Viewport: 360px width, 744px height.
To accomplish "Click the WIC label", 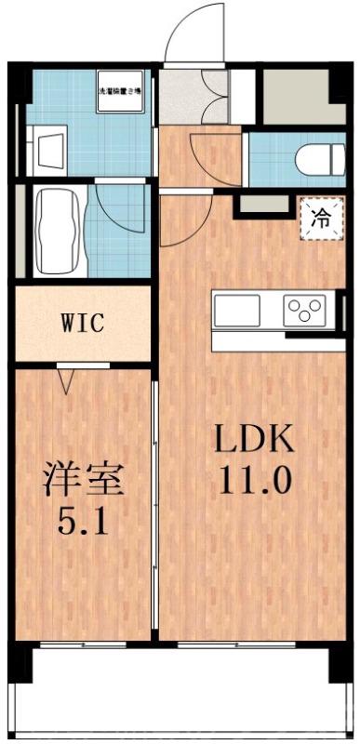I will [82, 325].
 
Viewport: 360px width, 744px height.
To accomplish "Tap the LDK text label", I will [256, 438].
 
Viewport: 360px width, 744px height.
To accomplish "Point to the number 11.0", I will [256, 481].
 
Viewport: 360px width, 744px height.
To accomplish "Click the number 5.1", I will [83, 522].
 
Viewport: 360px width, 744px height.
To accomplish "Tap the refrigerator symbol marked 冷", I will [321, 219].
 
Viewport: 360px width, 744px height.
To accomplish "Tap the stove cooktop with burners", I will [305, 310].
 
